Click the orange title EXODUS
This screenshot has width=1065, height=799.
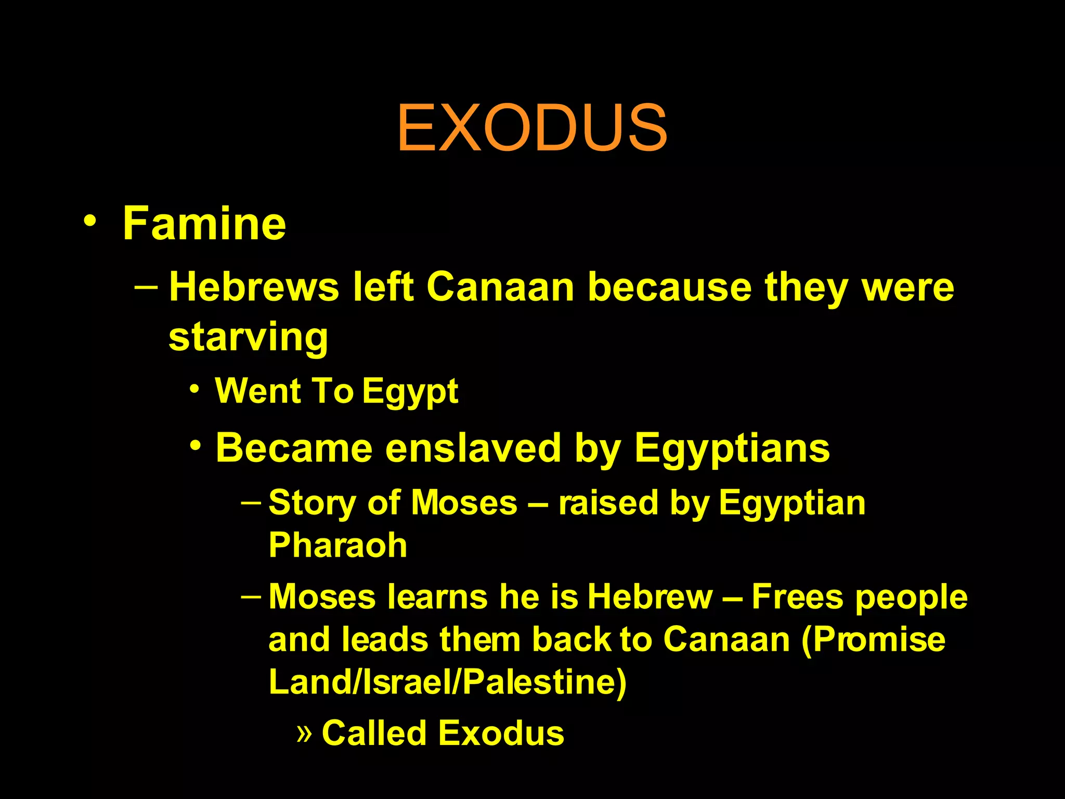click(532, 128)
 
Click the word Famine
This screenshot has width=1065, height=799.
click(204, 224)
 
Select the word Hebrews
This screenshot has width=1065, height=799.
click(254, 287)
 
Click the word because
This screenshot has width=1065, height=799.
click(670, 287)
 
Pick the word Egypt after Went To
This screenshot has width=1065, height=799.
click(410, 391)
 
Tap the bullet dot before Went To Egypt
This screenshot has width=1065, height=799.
click(194, 389)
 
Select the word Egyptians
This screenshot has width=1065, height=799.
click(732, 449)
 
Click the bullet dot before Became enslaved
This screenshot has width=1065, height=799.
click(196, 446)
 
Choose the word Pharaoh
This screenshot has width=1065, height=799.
click(337, 546)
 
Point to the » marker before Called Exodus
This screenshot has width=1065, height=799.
click(304, 733)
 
